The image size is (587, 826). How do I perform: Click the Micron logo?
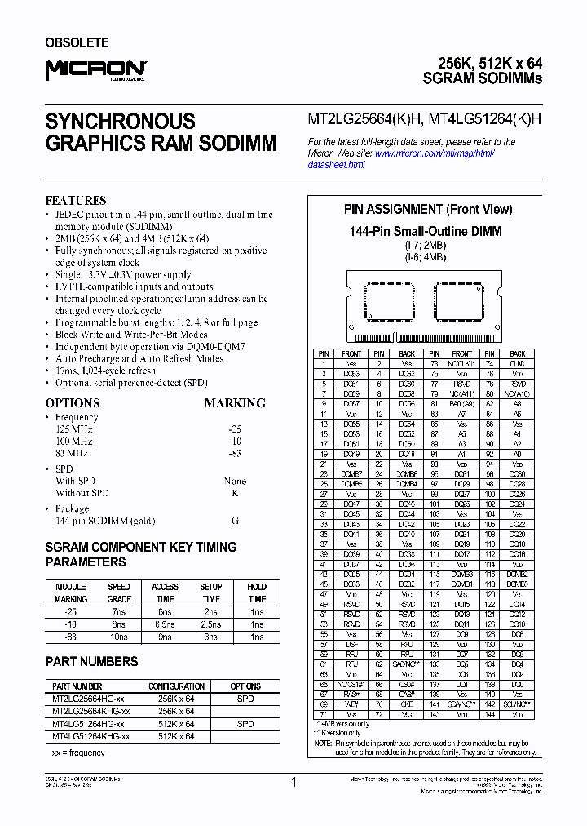click(95, 71)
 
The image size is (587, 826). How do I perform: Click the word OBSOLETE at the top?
click(77, 42)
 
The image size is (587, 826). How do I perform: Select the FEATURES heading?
click(76, 200)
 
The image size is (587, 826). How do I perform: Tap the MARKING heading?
click(235, 403)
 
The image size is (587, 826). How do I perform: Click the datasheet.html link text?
click(336, 165)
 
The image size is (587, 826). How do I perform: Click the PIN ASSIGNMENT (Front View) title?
click(428, 210)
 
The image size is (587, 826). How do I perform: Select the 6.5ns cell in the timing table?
click(165, 624)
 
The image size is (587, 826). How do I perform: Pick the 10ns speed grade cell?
click(118, 637)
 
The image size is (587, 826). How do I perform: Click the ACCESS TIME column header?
click(165, 593)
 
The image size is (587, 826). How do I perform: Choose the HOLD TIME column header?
click(257, 593)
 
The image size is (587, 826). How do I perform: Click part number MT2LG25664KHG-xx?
click(90, 711)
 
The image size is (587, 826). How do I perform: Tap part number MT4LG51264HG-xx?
click(88, 724)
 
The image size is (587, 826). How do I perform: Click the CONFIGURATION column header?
click(176, 686)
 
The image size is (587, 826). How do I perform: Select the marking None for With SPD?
click(235, 481)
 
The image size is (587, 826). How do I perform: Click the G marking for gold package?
click(235, 519)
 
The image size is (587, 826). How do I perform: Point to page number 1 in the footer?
click(293, 782)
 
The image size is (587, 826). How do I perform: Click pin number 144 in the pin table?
click(489, 714)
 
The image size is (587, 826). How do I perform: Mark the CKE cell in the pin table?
click(407, 703)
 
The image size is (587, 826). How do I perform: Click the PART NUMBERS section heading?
click(91, 661)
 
